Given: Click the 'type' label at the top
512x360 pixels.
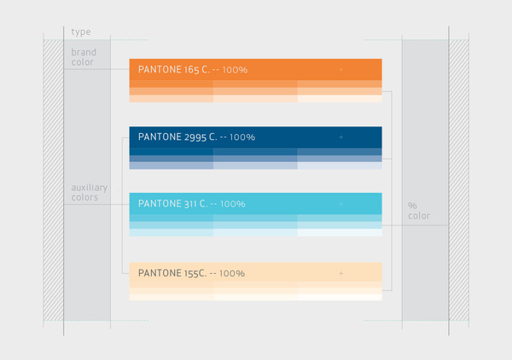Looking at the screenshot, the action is (x=81, y=32).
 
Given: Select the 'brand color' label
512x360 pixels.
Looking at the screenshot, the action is (x=84, y=57).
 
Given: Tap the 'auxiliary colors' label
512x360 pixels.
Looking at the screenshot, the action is (x=89, y=192).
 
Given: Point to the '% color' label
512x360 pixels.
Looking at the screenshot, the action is (x=419, y=211).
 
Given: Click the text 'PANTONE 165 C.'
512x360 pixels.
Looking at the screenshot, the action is (x=174, y=69).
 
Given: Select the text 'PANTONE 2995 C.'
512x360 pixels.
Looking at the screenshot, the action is (x=177, y=136).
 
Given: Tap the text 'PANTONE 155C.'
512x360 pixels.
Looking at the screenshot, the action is (x=172, y=273).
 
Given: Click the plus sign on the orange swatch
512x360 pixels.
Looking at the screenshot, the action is (x=340, y=69).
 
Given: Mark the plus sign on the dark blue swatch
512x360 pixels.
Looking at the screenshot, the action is (x=340, y=137).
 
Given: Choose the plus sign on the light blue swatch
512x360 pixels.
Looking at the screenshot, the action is (x=340, y=204).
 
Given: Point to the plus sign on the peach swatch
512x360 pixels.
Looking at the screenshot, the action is (x=340, y=273).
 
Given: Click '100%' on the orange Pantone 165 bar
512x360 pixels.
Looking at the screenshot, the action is (x=235, y=70).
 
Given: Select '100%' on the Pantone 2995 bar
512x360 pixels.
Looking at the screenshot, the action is (x=242, y=137).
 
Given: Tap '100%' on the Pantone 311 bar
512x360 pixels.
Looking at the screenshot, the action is (x=233, y=204).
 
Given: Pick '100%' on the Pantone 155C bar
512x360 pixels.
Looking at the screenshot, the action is (x=232, y=273).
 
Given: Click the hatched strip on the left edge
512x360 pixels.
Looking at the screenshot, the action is (x=53, y=180).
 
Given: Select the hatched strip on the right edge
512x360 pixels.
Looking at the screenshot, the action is (x=459, y=180).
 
